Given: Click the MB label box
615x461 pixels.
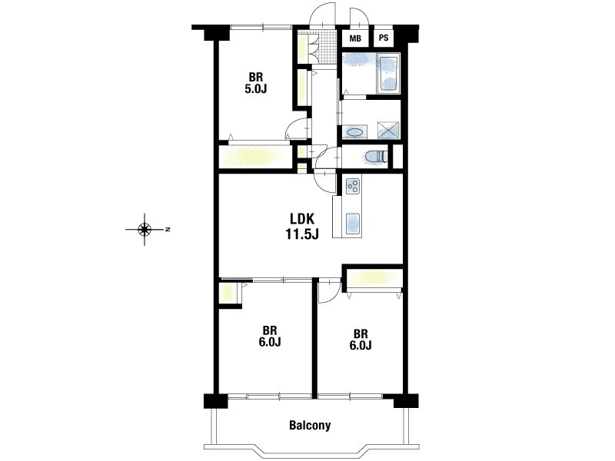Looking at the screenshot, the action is pos(355,38).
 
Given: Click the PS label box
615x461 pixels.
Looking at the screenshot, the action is pos(384,38).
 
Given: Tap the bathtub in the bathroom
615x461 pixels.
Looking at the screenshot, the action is pos(388,73).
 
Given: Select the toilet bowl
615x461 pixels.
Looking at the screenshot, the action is pos(376,157).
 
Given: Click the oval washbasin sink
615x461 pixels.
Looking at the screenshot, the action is pos(355,132).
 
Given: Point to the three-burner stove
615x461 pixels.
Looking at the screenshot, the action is pos(353,186).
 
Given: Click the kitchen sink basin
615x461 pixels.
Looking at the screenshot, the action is pos(353,224).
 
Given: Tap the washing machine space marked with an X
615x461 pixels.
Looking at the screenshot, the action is pos(388,130).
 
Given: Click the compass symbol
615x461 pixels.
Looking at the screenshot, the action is pos(145,229).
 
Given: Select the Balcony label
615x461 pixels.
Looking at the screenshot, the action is pos(310,425).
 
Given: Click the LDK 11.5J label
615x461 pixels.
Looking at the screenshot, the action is pos(301,226).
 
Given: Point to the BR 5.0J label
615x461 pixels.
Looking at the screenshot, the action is pos(256,83).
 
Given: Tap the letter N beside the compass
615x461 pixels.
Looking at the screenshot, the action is pos(168,229).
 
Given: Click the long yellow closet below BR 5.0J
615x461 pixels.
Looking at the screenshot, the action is pos(255,157).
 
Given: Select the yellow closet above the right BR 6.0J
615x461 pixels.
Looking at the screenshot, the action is pos(374,278).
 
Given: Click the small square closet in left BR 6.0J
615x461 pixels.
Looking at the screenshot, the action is pos(228,293).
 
